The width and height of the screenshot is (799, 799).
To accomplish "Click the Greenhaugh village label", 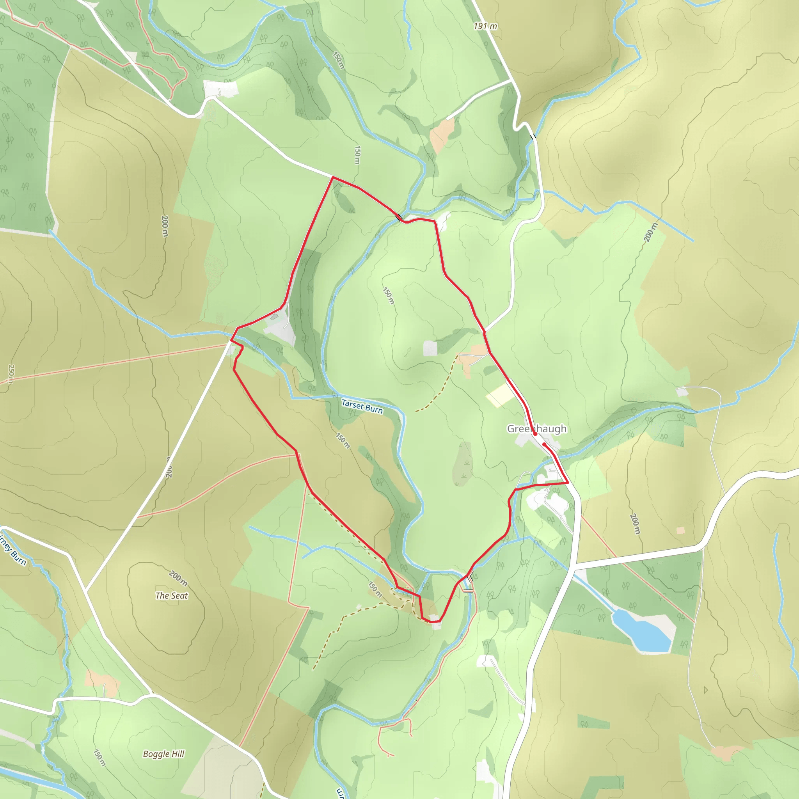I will point(537,428).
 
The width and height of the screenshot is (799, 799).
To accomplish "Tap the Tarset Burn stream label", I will point(362,406).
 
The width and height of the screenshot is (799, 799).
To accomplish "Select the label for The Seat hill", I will point(171,595).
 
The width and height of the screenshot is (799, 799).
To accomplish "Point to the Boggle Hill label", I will point(163,754).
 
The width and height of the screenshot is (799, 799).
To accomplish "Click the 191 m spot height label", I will point(485,26).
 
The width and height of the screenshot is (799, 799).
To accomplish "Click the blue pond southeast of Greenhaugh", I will point(641,631).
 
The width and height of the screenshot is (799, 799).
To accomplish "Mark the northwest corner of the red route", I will point(333,178).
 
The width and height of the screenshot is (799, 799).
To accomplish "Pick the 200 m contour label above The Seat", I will point(178,578).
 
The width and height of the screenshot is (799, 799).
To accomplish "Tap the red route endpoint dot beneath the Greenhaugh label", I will point(535,434).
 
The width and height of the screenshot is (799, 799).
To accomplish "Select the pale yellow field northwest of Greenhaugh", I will point(500,396).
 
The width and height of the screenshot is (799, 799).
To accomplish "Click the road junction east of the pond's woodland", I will point(574,564).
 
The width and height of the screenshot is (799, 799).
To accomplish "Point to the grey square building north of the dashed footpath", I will point(430,348).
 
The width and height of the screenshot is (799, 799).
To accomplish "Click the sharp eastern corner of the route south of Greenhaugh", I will point(568,482).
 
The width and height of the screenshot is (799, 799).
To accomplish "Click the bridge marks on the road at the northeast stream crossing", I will point(533,136).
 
